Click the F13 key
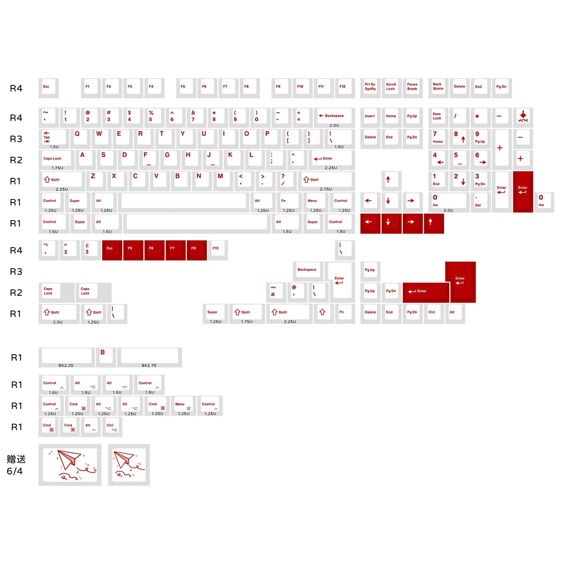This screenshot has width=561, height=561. coord(218,250)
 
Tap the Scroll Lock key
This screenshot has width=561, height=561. coord(391,88)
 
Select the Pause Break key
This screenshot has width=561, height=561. coord(413,88)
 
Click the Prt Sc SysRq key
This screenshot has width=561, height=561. coord(370,88)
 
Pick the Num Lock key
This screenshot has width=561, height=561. coord(438,118)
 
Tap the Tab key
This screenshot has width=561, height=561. coord(54,139)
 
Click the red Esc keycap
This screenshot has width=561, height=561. coord(112,250)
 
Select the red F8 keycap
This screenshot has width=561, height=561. coord(197,250)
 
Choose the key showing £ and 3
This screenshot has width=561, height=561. coord(91,250)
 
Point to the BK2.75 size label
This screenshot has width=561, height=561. coord(149,365)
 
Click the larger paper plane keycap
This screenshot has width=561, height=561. coord(70,465)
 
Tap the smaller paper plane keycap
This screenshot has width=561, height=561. coord(129,465)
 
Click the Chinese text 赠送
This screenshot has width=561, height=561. coord(16,459)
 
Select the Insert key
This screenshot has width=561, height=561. coord(370,118)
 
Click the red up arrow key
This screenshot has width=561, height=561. coord(434,223)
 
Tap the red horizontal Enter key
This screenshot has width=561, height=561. coord(426,292)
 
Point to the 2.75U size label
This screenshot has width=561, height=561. coord(326,189)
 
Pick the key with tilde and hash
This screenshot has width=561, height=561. coord(276,292)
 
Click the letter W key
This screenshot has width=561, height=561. coord(102,139)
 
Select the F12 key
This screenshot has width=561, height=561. coord(345,88)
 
